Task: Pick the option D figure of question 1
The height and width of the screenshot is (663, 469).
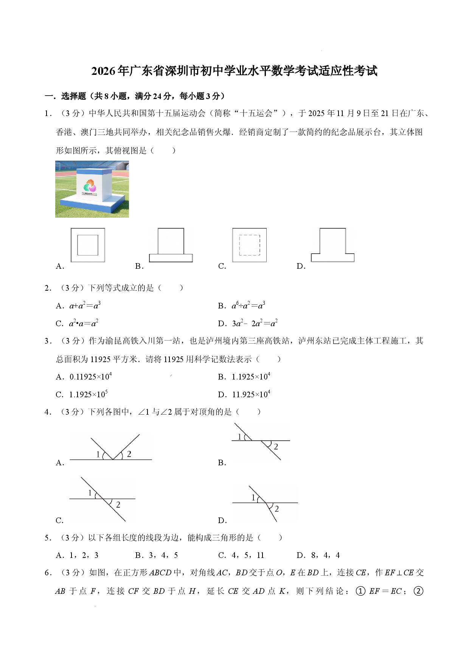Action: pos(332,245)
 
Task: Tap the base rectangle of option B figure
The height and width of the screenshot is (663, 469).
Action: pos(171,258)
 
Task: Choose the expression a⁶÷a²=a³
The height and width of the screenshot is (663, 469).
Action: pos(248,305)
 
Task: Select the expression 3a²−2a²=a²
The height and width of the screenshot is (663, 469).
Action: pos(255,323)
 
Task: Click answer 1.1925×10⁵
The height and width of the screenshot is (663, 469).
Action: pos(89,394)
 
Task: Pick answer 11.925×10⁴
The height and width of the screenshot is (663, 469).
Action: pos(251,394)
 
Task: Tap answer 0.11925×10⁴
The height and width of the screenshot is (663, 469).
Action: pos(91,376)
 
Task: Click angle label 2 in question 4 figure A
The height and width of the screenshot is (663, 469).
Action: pos(129,454)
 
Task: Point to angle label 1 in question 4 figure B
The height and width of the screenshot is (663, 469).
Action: pos(239,437)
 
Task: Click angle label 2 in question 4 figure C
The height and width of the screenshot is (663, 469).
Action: pos(118,505)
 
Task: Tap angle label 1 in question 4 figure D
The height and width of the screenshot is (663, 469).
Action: pos(253,498)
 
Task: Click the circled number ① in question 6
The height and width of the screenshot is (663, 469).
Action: pos(361,591)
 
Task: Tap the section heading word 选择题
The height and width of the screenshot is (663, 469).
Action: pos(74,96)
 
